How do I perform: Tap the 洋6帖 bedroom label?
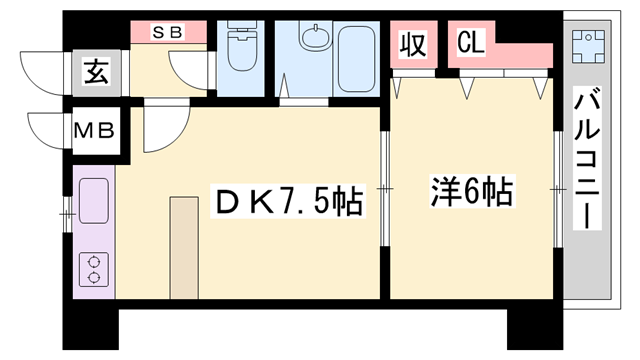[x=472, y=191]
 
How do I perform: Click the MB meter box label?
[x=97, y=131]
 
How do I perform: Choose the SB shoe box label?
[x=168, y=31]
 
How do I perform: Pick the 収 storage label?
[x=413, y=45]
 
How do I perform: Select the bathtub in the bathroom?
[x=353, y=60]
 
